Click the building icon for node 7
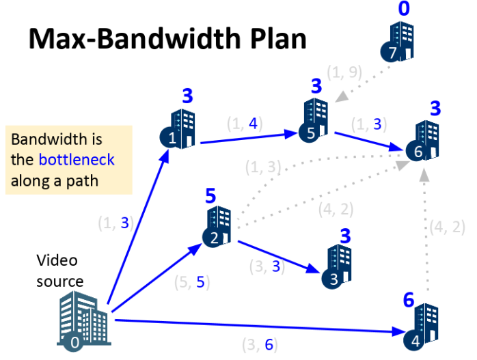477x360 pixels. coord(396,42)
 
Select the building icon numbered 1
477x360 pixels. coord(180,128)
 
